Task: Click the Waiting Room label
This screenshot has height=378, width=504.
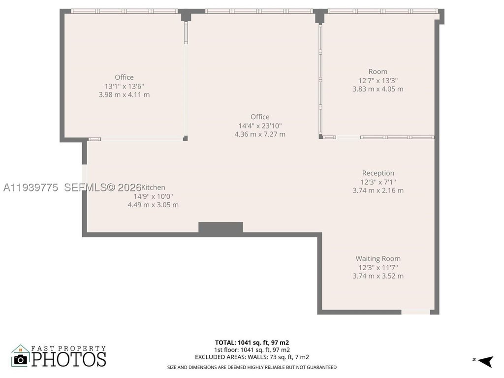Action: (x=378, y=259)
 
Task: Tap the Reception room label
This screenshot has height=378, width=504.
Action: (x=378, y=173)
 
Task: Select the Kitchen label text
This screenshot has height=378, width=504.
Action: (x=154, y=188)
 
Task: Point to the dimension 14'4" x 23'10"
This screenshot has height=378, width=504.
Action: (x=260, y=126)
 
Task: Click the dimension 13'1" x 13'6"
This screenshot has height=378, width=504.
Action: (x=125, y=86)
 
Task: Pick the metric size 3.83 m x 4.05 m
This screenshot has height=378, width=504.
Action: (x=378, y=89)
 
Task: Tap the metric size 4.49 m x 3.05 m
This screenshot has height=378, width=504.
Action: (x=153, y=205)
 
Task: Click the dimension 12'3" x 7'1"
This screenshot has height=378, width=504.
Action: (x=378, y=182)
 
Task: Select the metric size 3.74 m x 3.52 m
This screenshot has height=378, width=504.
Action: (x=378, y=276)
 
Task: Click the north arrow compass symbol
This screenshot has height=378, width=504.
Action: (x=486, y=361)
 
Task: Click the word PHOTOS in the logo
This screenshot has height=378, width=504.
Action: (x=69, y=359)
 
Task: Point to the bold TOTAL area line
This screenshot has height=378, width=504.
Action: (x=252, y=343)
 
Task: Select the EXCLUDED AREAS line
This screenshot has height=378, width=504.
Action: (x=252, y=357)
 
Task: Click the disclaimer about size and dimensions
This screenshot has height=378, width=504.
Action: (x=252, y=367)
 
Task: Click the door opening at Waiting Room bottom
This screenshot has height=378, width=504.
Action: (x=415, y=312)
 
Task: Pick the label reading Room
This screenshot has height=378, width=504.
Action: (x=378, y=72)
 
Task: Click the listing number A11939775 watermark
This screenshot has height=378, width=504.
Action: (x=31, y=188)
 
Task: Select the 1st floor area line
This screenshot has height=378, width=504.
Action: (x=252, y=350)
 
